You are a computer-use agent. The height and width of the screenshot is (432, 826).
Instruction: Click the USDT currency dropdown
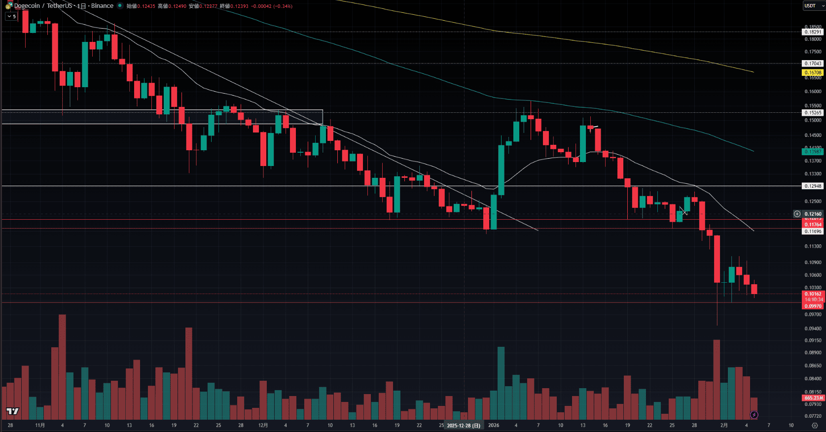(813, 6)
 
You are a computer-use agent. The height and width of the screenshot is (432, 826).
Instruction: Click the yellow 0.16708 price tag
(813, 72)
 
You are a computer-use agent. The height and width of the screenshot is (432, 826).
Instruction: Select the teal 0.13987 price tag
(813, 152)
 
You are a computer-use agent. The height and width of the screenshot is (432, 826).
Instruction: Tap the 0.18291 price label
(813, 32)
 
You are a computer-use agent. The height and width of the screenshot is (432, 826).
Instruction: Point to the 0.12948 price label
(813, 186)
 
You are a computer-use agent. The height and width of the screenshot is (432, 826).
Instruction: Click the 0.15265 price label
(813, 113)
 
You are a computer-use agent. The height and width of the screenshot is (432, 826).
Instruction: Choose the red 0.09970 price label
(813, 306)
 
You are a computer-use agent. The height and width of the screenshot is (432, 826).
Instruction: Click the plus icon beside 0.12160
(797, 214)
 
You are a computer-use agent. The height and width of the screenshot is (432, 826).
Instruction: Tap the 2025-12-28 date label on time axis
(463, 426)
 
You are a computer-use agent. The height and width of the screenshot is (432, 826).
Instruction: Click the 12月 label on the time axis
(263, 425)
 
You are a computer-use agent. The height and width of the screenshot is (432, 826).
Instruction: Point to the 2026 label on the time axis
(494, 425)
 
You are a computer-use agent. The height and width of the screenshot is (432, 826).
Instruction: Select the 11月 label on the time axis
(40, 425)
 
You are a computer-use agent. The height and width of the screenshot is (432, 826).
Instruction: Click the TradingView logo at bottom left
(12, 411)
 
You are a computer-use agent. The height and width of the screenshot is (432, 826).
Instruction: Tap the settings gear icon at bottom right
(815, 426)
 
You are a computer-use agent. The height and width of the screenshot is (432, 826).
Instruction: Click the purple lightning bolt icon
(754, 415)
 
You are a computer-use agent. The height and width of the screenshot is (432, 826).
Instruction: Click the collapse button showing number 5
(11, 16)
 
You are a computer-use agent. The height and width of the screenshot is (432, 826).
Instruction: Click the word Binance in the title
(102, 6)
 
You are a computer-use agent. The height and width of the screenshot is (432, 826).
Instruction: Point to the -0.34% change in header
(283, 6)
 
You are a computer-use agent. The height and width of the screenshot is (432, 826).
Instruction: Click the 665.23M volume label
(813, 398)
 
